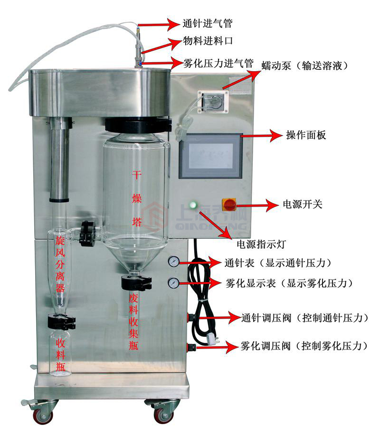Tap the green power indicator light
pyautogui.click(x=192, y=206)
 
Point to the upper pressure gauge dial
pyautogui.click(x=173, y=262)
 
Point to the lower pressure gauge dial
pyautogui.click(x=173, y=283)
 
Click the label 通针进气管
pyautogui.click(x=208, y=23)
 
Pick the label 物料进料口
pyautogui.click(x=208, y=42)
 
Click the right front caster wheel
pyautogui.click(x=161, y=415)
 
